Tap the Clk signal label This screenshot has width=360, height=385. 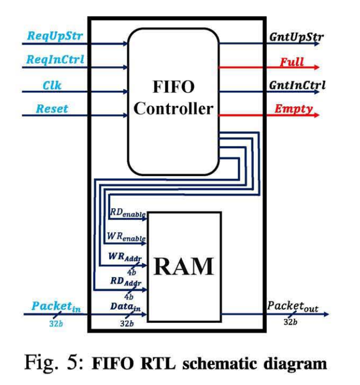pos(52,86)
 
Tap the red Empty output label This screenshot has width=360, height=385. pos(294,109)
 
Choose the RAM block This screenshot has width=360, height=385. pos(183,266)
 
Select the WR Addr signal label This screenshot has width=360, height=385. pos(125,258)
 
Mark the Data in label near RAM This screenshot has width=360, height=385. pos(125,305)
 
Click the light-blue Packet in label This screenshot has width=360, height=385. pos(55,306)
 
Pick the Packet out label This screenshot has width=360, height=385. pos(292,306)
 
